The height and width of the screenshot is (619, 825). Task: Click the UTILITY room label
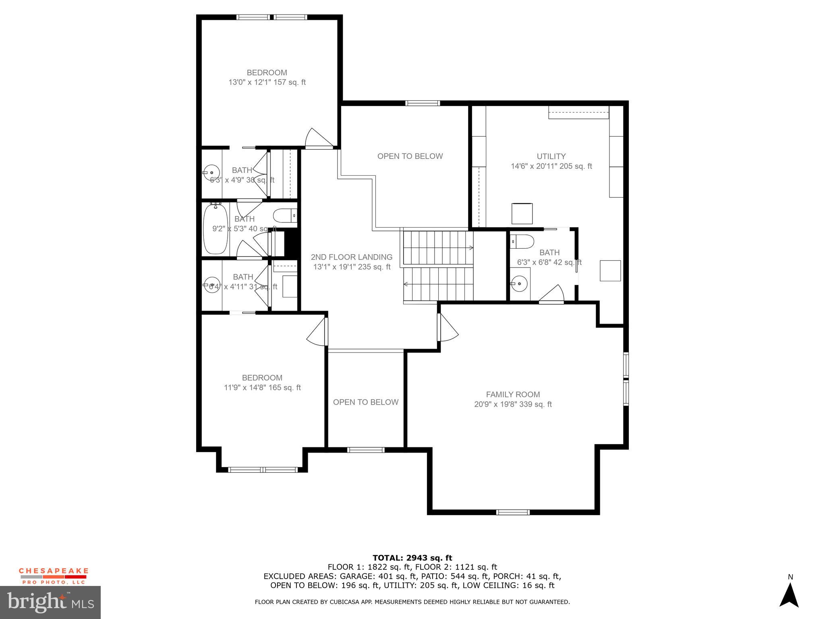[551, 156]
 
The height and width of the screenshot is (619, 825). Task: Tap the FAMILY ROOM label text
[513, 395]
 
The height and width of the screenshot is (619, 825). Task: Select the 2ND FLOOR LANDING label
[351, 257]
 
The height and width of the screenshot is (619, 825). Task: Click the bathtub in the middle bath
[216, 229]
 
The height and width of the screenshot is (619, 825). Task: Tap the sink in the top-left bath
[211, 172]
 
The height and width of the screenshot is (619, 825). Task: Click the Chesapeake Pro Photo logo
[53, 576]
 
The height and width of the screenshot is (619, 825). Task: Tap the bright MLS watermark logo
[50, 602]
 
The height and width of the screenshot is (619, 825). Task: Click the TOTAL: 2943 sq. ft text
[412, 558]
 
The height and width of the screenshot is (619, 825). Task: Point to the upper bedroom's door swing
[318, 138]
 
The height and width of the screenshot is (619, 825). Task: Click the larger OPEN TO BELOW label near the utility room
[410, 156]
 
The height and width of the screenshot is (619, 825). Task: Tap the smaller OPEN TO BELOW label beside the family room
[365, 402]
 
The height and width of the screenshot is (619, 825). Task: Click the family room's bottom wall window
[512, 512]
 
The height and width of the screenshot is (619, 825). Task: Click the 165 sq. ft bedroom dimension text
[262, 388]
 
